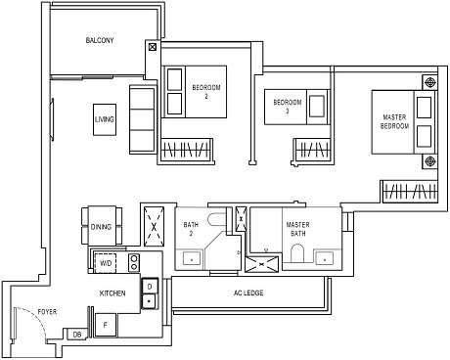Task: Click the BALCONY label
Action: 100,40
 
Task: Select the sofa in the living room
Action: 141,119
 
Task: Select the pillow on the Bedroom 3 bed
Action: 316,105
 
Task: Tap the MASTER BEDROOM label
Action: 394,121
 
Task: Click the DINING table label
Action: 102,226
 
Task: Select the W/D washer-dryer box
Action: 106,262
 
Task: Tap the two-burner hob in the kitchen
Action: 135,261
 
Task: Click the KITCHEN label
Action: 112,292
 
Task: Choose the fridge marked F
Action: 105,325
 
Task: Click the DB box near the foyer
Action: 77,335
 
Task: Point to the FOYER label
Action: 46,313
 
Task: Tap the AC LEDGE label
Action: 249,293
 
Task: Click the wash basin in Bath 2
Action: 189,258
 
